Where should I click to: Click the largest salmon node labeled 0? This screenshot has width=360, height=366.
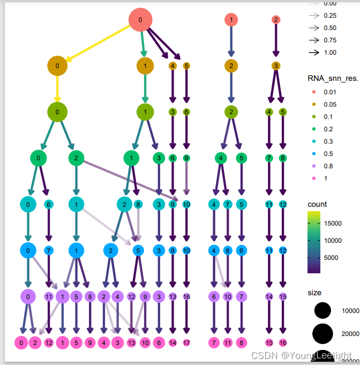(140, 20)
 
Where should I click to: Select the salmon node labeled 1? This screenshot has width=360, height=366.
(231, 20)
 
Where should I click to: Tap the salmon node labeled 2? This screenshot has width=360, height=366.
(276, 20)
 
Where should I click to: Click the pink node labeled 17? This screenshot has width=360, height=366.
(186, 342)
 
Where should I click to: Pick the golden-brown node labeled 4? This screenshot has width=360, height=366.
(172, 66)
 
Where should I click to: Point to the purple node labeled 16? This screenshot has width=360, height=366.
(186, 296)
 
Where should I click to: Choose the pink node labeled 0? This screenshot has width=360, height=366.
(21, 342)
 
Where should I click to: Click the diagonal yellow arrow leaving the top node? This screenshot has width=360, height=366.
(99, 43)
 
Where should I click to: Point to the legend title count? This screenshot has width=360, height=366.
(317, 204)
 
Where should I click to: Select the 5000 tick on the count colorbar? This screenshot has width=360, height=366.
(334, 257)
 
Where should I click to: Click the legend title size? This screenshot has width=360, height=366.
(314, 293)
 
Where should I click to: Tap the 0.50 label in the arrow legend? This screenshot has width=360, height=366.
(330, 28)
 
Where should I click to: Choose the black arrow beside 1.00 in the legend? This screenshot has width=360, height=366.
(313, 53)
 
